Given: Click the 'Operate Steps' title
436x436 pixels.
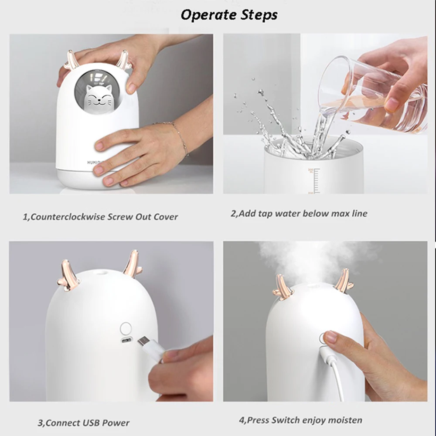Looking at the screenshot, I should click(x=228, y=15).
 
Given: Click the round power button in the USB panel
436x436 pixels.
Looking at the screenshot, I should click(x=126, y=328).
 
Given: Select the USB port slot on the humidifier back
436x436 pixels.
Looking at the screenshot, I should click(x=126, y=342).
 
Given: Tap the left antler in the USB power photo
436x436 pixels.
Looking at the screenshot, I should click(x=69, y=275).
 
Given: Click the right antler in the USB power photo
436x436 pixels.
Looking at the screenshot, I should click(x=132, y=265).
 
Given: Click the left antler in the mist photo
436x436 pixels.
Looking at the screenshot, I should click(x=284, y=288).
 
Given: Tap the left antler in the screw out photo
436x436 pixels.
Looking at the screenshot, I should click(x=72, y=60).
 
